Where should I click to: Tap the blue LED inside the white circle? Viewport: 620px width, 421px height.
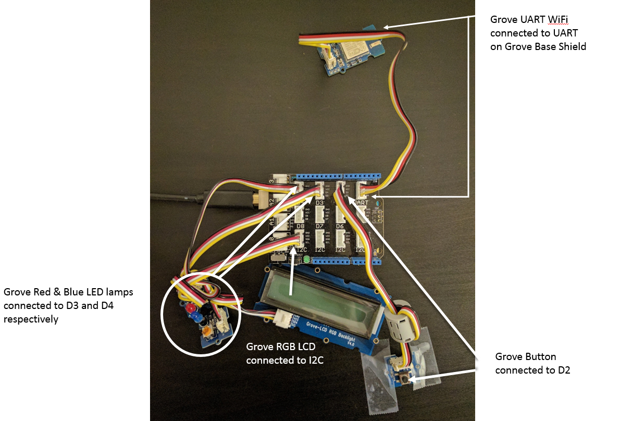coord(195,316)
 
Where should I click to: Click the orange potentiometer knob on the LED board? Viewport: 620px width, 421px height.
coord(206,330)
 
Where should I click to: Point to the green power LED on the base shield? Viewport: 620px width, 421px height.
coord(306,259)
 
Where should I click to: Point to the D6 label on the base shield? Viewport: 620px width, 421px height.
coord(340,227)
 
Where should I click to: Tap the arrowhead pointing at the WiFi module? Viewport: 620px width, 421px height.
coord(387,27)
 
